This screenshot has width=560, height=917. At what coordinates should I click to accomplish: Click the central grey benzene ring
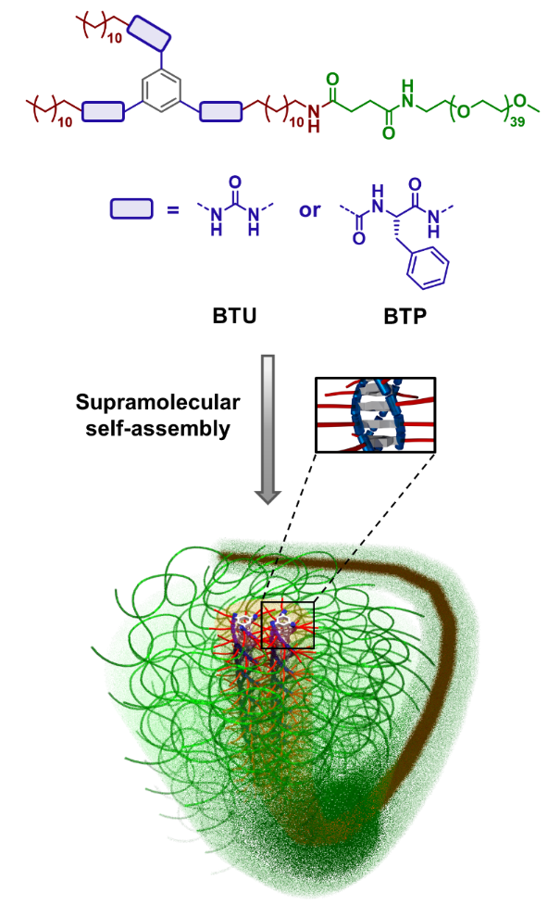162,92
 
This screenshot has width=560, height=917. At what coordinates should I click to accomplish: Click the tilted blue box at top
149,34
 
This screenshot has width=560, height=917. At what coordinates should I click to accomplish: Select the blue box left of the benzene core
103,111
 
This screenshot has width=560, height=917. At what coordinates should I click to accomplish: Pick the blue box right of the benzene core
221,109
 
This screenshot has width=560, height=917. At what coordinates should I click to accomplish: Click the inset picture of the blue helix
376,414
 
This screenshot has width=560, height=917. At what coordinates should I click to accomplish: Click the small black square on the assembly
288,623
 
